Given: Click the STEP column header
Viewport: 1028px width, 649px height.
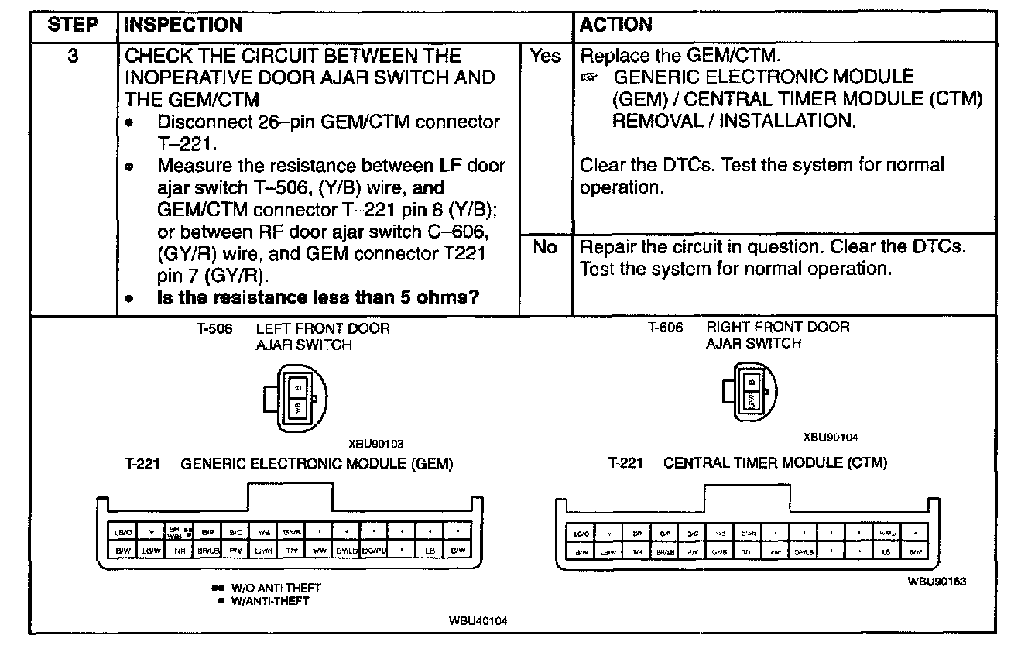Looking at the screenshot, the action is pyautogui.click(x=73, y=25).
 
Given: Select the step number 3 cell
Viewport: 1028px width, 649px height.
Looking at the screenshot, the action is pyautogui.click(x=73, y=57).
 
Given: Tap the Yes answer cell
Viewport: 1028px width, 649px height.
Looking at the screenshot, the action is pyautogui.click(x=545, y=57).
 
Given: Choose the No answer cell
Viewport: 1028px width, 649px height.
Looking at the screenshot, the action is pyautogui.click(x=545, y=248).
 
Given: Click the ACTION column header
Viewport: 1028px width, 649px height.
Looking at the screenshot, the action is pyautogui.click(x=616, y=25).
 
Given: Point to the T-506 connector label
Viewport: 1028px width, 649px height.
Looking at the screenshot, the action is pyautogui.click(x=214, y=328).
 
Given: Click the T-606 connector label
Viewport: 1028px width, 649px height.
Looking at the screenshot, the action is pyautogui.click(x=665, y=328).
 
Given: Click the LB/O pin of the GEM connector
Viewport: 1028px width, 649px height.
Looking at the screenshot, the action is pyautogui.click(x=123, y=532).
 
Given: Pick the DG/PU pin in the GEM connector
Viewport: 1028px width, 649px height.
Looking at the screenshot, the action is pyautogui.click(x=373, y=551).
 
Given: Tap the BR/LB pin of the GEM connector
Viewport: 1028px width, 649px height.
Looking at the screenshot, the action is pyautogui.click(x=207, y=551).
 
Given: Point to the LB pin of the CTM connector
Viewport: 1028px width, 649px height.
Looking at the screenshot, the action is pyautogui.click(x=886, y=551).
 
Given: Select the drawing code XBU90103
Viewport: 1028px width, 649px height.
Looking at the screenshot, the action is pyautogui.click(x=376, y=445).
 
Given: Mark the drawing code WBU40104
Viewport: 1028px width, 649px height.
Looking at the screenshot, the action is pyautogui.click(x=478, y=621).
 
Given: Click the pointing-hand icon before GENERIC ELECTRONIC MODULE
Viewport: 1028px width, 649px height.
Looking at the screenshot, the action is pyautogui.click(x=593, y=78).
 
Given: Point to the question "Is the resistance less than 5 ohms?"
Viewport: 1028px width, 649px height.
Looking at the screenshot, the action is pyautogui.click(x=318, y=297).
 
